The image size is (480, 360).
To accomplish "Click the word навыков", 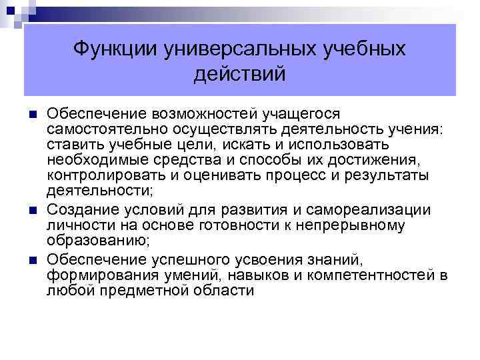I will (x=266, y=275).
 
